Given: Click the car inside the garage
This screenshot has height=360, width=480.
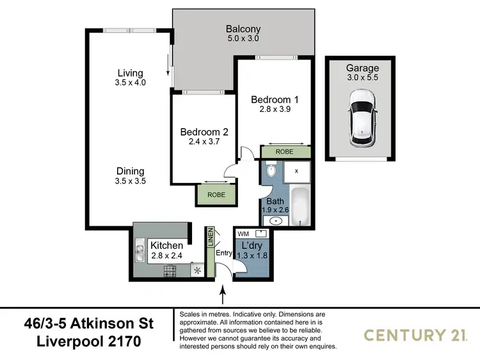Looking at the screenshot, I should coord(362,117).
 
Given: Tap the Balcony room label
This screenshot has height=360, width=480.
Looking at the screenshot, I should coord(243,29).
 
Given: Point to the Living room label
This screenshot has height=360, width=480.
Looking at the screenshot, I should coord(130,73).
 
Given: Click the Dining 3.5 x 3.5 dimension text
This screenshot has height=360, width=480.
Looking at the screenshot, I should coord(130,181).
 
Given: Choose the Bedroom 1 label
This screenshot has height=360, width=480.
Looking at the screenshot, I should coord(275,100).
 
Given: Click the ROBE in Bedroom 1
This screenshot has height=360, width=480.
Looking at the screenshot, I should coord(285,152).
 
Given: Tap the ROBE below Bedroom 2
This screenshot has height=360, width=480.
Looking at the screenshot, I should coord(216,194).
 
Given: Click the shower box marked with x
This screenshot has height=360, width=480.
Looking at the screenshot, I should coord(296,171).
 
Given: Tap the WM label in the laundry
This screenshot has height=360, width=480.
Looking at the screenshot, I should coord(243,233).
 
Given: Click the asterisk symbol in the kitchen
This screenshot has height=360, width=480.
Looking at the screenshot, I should coord(198,270).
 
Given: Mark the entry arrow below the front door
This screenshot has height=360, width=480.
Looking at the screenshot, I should coord(223,295).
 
